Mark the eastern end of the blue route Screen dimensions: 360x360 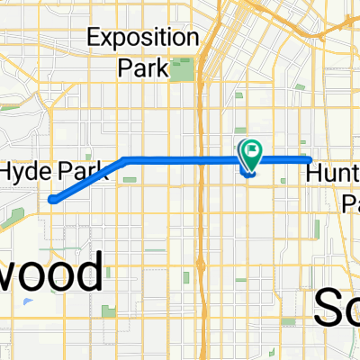tap(309, 159)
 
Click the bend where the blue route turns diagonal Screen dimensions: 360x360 tap(123, 160)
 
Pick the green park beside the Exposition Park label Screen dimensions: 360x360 tap(187, 68)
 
